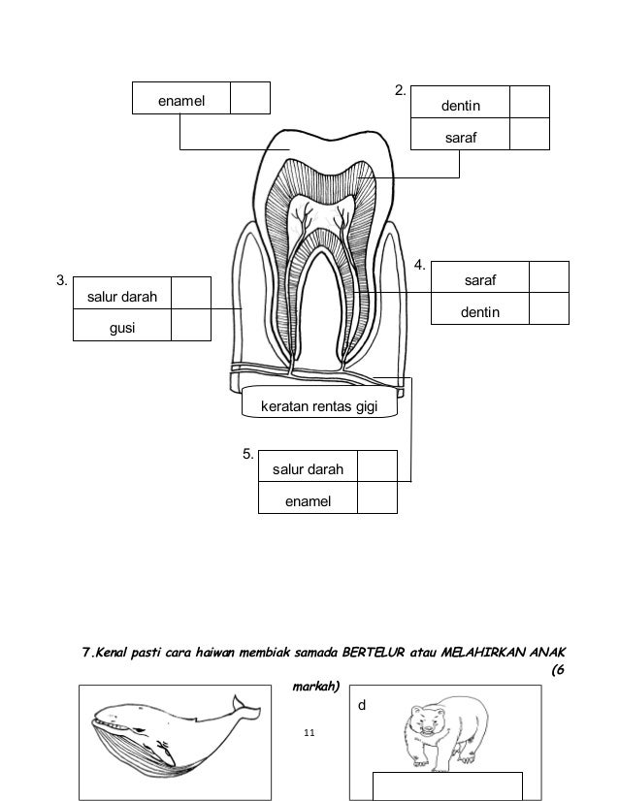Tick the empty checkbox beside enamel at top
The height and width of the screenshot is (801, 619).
pos(249,98)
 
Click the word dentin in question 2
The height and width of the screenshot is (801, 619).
pos(461,102)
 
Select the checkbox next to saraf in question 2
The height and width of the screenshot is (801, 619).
pos(529,134)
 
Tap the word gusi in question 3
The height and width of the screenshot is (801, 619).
pos(122,329)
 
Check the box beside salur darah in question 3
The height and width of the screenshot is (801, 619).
pos(190,294)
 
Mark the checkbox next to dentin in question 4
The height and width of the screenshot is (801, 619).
pos(549,308)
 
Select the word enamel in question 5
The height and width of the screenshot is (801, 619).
pos(308,500)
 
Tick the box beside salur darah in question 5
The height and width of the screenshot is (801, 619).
pos(376,467)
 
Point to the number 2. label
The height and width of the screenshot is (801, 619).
pos(400,91)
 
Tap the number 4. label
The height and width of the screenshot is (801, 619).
pos(421,264)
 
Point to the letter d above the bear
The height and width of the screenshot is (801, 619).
pos(362,706)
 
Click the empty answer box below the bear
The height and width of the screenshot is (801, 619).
pos(447,785)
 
